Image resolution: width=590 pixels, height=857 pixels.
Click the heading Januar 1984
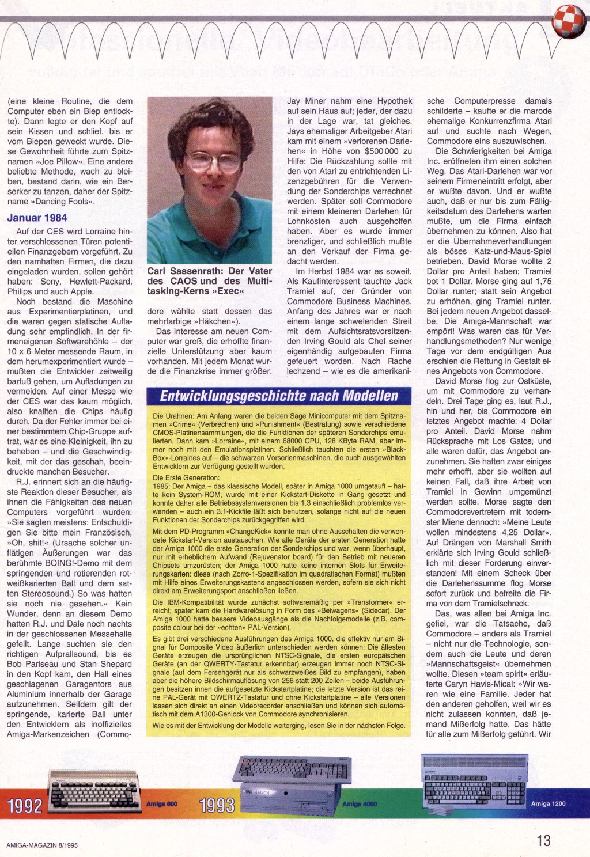(x=37, y=218)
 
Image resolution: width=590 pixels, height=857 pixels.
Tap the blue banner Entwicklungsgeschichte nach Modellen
(x=279, y=396)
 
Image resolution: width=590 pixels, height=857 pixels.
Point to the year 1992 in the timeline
(x=25, y=805)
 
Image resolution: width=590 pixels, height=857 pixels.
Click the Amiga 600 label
(x=162, y=804)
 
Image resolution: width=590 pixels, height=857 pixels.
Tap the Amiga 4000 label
(x=360, y=804)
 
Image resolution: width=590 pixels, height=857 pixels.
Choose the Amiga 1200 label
(x=548, y=803)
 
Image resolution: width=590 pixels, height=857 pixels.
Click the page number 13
(x=543, y=840)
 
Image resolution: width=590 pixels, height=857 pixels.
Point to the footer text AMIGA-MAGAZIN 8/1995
(x=42, y=845)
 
